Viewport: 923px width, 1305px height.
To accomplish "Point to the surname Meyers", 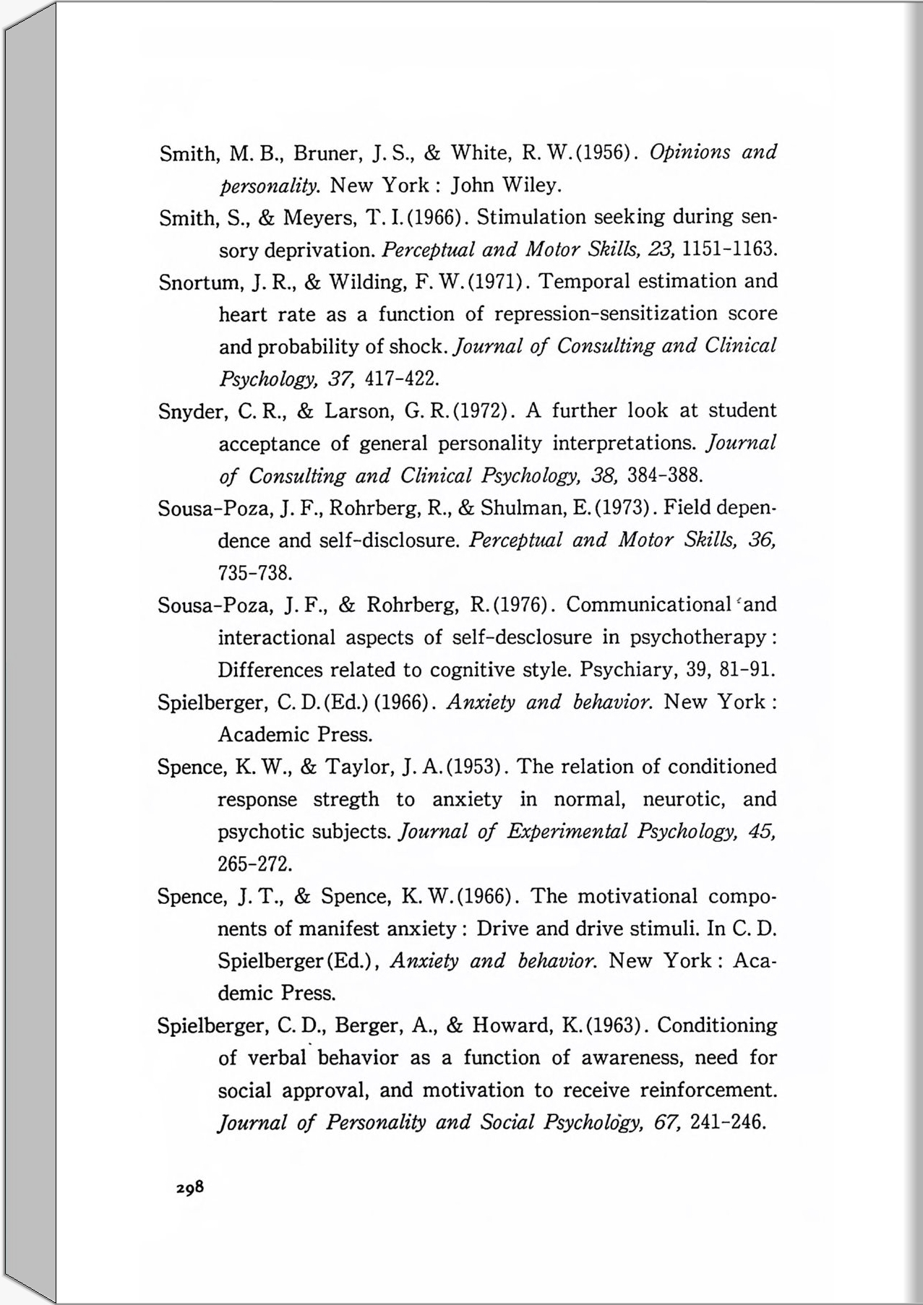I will click(x=317, y=218).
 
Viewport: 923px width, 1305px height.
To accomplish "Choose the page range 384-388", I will click(x=665, y=476).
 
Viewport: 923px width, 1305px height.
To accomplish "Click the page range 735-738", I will click(x=255, y=574).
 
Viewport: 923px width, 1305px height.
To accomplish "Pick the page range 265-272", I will click(x=255, y=864).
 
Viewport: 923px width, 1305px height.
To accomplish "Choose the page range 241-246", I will click(x=727, y=1123).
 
